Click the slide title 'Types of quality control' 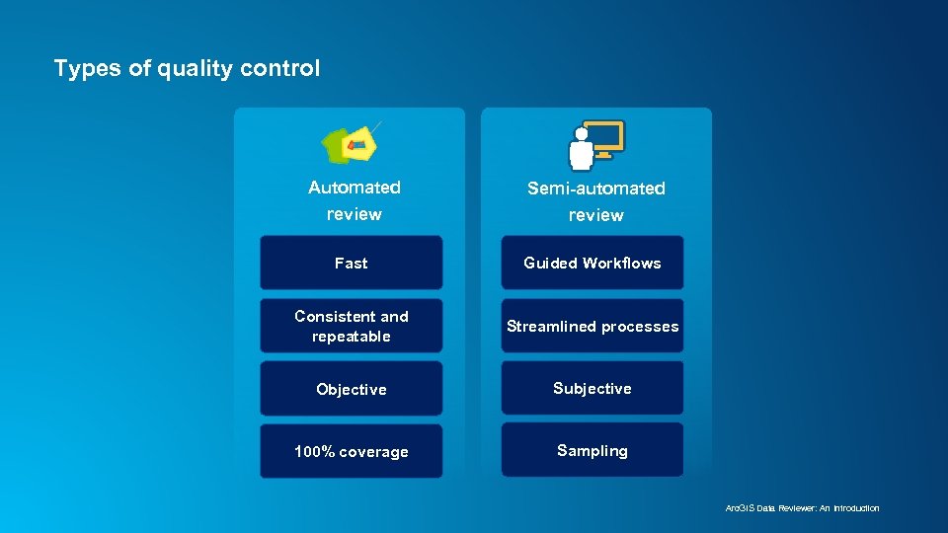pos(187,68)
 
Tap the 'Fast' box pos(351,264)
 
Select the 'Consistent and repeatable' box pos(351,326)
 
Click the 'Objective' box pos(351,389)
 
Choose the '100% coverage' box pos(351,452)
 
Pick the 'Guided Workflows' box pos(592,264)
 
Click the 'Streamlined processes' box pos(592,326)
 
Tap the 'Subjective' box pos(592,388)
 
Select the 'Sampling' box pos(592,450)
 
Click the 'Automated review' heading pos(354,200)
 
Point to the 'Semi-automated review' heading pos(595,201)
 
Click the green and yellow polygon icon pos(351,144)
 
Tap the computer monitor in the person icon pos(603,137)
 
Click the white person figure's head pos(582,133)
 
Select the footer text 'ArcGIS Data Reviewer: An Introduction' pos(802,508)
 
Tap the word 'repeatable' pos(351,337)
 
